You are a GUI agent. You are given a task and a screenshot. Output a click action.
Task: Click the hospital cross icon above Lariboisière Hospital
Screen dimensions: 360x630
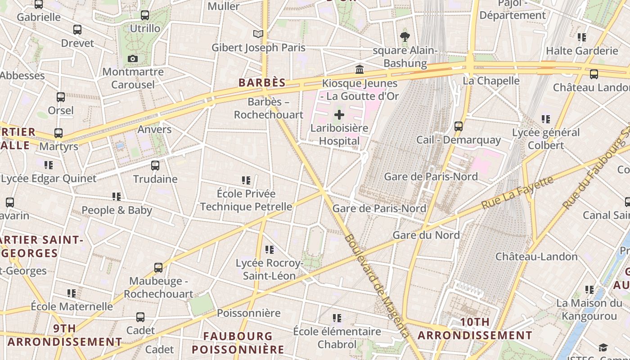(339, 115)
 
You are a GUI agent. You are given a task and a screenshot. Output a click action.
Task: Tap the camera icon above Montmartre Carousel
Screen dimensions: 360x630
(132, 58)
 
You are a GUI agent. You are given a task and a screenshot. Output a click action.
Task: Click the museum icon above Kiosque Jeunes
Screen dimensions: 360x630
(360, 70)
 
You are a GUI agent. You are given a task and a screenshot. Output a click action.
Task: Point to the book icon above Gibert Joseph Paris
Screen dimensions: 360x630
(258, 34)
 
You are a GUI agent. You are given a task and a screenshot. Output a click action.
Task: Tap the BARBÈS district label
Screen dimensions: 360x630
(262, 82)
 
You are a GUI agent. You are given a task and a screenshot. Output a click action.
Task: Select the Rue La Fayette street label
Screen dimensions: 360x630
(517, 192)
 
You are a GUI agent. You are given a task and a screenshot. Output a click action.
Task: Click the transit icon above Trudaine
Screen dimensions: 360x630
(155, 165)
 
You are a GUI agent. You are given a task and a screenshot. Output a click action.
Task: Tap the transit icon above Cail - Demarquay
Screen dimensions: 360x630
(458, 126)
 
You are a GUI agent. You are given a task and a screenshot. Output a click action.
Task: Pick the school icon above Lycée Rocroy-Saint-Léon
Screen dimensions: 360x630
(270, 249)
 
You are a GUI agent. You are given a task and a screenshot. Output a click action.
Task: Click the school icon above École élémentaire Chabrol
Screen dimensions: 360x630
(337, 318)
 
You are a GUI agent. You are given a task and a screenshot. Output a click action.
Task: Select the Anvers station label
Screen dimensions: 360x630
(154, 130)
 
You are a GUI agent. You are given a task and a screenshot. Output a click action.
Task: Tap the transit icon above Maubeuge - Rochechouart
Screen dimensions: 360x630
(158, 268)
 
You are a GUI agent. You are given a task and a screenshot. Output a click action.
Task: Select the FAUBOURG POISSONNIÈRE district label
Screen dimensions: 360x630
(238, 342)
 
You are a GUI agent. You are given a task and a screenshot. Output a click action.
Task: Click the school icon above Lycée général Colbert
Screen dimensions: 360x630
(546, 119)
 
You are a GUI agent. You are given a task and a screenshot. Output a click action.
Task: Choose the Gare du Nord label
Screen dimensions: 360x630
(426, 235)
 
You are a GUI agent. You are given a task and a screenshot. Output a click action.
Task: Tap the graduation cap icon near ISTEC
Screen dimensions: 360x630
(603, 347)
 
